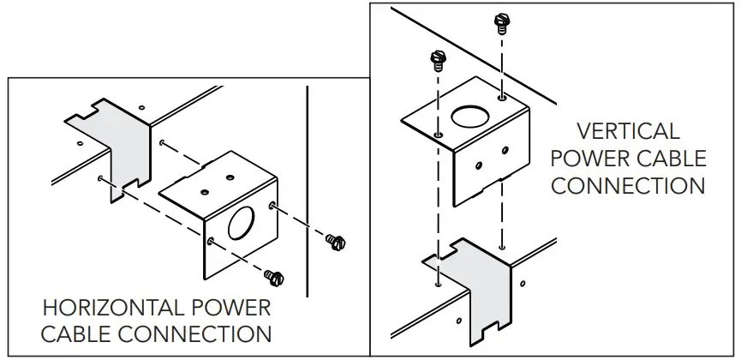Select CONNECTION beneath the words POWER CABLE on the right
coord(628,185)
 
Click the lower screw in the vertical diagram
coord(439,60)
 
